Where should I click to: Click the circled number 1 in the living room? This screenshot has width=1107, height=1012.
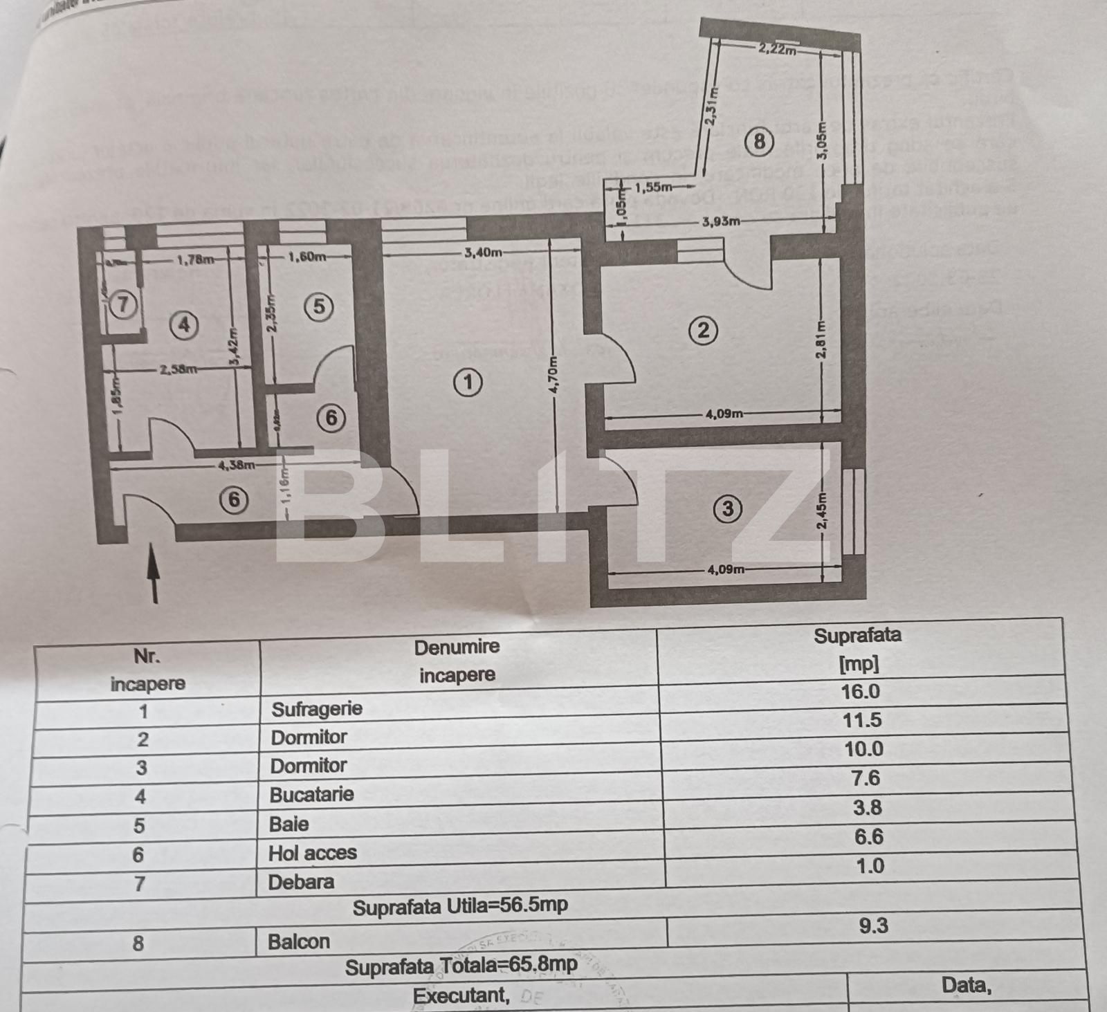coord(468,382)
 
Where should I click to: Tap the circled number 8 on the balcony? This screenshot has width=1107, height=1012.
coord(759,141)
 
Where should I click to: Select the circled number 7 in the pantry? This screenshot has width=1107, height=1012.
coord(122,304)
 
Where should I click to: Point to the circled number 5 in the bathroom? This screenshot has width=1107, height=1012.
coord(319,306)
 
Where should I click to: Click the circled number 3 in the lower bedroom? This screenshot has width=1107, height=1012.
coord(727,509)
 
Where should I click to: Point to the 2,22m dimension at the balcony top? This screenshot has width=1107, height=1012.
coord(776,48)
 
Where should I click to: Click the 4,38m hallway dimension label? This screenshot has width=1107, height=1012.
coord(237,465)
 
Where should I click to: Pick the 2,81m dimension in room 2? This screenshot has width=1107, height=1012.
coord(821,340)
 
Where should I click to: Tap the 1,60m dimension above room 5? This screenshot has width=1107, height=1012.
coord(307,257)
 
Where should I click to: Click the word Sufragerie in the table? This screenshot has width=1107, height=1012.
coord(317,709)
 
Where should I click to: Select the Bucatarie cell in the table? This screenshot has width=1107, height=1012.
coord(311,794)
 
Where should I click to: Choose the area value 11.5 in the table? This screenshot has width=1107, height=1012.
coord(862,720)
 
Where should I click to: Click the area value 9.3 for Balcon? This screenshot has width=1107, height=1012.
coord(873,926)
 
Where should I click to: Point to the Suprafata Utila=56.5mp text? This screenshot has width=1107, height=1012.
coord(460,907)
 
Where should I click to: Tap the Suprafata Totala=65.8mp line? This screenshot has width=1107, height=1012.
coord(461,966)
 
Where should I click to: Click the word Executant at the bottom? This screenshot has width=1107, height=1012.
coord(460,995)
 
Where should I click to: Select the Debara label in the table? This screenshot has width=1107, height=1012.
coord(301,882)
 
